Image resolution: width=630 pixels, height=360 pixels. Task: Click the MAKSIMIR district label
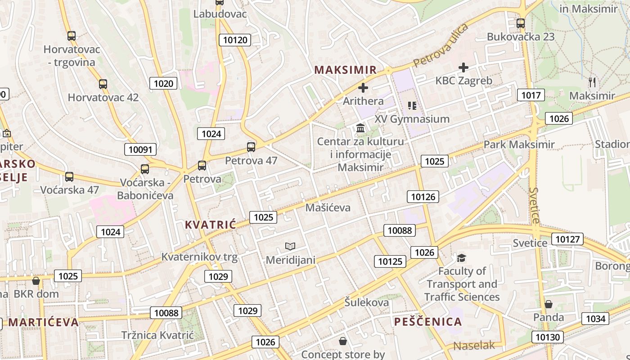point(345,70)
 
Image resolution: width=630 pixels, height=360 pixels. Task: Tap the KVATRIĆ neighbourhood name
point(210,225)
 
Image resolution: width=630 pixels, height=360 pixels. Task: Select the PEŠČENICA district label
point(428,322)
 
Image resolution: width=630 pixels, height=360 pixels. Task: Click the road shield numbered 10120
point(235,40)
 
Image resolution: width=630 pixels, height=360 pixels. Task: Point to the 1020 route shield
point(163,83)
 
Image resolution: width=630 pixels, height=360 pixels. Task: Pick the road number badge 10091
point(140,149)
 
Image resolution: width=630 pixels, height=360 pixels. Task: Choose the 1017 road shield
point(531,95)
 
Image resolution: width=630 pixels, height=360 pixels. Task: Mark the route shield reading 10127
point(568,239)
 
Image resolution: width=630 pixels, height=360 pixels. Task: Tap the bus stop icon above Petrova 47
point(251,147)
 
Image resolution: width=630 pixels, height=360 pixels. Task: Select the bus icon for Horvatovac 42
point(103,84)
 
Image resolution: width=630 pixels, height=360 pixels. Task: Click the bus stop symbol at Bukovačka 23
point(521,23)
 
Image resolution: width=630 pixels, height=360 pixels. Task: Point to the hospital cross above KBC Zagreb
point(463,67)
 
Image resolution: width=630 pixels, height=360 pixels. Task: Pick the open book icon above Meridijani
point(290,246)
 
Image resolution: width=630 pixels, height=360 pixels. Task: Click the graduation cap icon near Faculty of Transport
point(462,258)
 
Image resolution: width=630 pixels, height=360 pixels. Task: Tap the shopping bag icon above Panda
point(548,304)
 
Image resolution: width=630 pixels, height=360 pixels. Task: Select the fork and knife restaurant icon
point(592,82)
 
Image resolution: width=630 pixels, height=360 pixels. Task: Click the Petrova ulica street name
point(441,45)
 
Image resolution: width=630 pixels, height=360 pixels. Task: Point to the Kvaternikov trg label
point(199,257)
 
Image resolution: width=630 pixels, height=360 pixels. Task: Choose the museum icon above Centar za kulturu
point(360,128)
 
